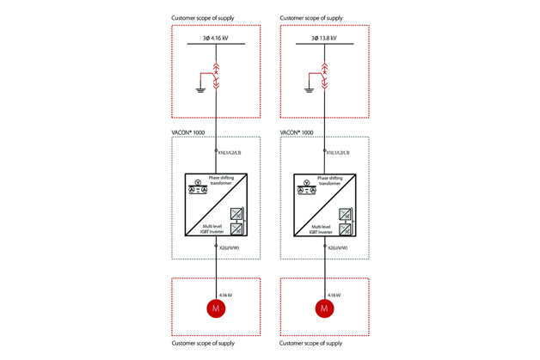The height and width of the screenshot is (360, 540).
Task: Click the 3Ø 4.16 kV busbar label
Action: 215,38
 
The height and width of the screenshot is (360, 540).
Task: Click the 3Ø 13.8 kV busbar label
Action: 323,38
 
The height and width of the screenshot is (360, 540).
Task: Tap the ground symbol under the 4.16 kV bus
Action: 200,88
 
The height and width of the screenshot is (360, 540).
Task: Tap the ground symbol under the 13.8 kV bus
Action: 310,88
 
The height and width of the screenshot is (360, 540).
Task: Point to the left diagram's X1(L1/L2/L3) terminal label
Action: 230,152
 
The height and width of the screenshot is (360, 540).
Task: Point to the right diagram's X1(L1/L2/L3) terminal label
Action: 339,152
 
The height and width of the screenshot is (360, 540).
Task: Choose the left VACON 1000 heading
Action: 189,132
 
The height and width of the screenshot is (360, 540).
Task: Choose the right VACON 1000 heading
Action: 297,132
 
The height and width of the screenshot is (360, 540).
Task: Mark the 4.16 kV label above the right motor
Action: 334,294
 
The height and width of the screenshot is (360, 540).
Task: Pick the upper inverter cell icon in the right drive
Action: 345,215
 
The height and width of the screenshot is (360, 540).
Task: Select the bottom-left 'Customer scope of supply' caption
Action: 203,344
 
